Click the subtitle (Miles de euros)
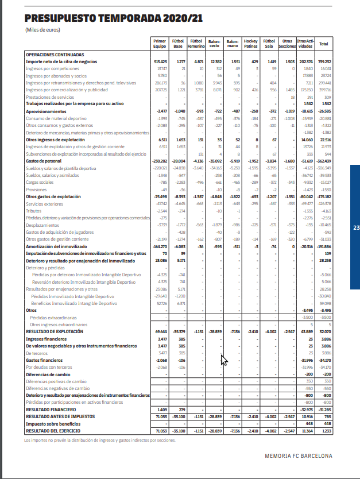(43, 30)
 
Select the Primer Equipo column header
(160, 44)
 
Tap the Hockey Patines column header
(250, 44)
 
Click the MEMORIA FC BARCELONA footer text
(298, 456)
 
